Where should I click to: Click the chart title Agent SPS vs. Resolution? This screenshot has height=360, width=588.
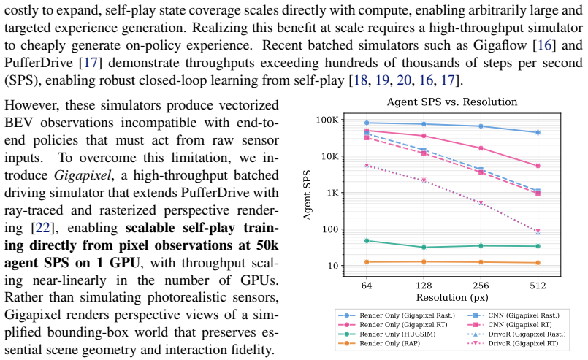(x=452, y=102)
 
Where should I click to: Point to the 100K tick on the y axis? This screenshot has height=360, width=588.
(x=327, y=120)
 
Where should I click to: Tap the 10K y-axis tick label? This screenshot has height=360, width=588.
(x=329, y=156)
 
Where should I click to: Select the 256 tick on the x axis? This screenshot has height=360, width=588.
(x=481, y=286)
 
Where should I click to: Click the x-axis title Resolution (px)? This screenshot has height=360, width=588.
(x=452, y=298)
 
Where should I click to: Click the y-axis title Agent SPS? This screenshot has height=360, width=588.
(x=307, y=195)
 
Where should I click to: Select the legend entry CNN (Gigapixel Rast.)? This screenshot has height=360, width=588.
(x=513, y=315)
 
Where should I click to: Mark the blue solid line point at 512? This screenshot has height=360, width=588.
(x=538, y=133)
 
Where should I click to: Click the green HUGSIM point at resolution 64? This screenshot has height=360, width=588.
(x=367, y=241)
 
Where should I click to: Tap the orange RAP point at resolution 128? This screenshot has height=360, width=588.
(x=424, y=261)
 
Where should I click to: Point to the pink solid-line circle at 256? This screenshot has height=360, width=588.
(x=481, y=148)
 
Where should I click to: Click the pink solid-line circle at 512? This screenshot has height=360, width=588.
(x=538, y=166)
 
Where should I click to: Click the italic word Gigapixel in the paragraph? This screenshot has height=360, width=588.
(x=82, y=175)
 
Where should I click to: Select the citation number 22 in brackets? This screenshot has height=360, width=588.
(x=42, y=228)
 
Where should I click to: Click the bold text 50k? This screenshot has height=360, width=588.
(x=267, y=245)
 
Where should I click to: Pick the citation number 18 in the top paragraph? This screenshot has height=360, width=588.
(x=360, y=80)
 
